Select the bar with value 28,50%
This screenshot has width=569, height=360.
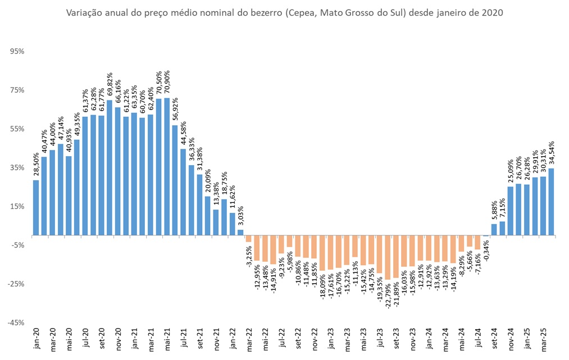36,207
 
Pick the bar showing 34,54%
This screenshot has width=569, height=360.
552,202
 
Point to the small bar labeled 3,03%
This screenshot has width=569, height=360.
240,232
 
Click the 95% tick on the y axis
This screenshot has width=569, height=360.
17,51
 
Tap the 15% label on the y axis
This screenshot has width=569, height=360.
17,206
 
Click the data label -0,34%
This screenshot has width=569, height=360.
486,253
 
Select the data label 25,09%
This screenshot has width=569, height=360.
511,171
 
